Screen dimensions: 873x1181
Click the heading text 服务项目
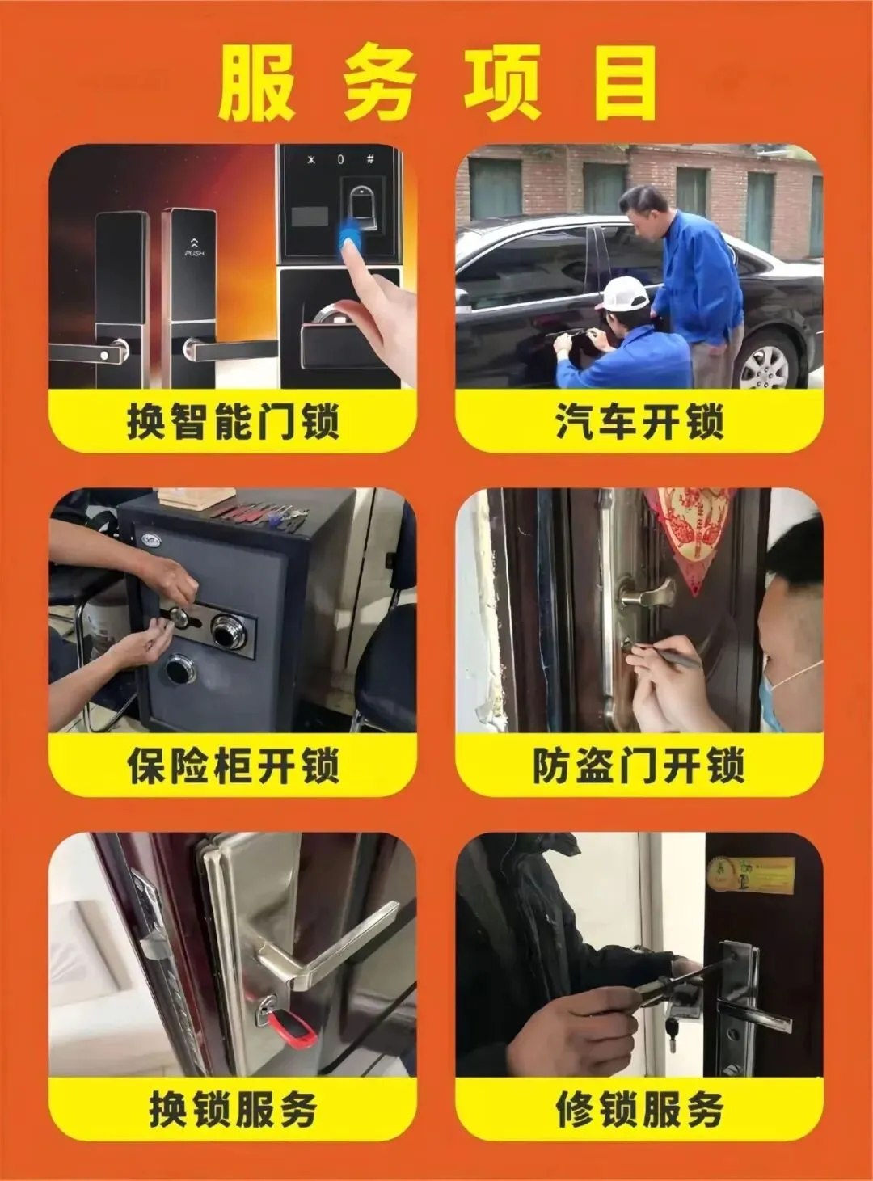[436, 83]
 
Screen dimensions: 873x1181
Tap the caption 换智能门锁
[233, 421]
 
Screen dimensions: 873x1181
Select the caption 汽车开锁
[639, 421]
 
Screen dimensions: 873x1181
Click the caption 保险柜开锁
[233, 766]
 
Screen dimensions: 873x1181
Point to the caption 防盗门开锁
[639, 766]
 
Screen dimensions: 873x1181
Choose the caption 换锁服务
[233, 1109]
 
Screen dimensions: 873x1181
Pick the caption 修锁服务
[639, 1109]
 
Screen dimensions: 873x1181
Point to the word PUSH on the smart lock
[194, 254]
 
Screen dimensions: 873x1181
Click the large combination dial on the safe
[229, 631]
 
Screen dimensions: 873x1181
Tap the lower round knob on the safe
[180, 669]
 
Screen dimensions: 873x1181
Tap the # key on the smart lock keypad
[370, 158]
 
